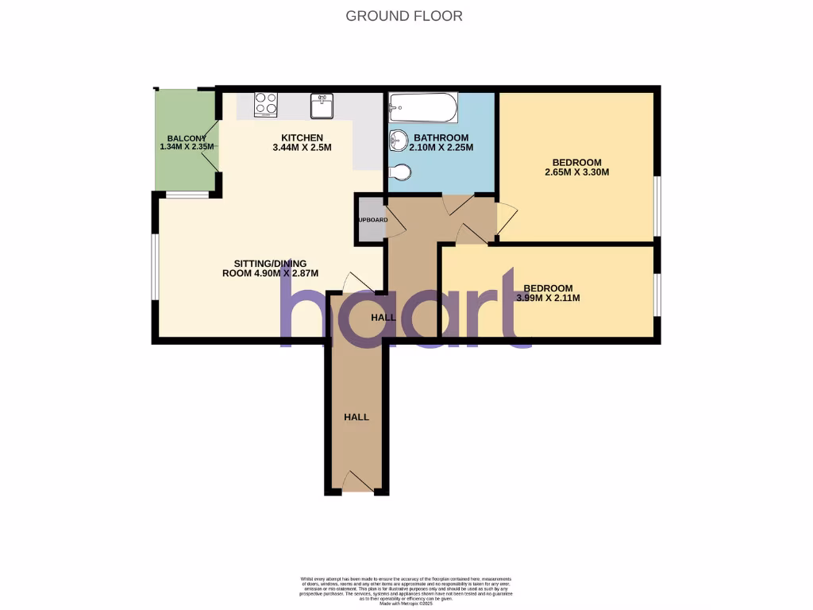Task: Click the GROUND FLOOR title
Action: point(404,16)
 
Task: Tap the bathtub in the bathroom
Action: point(423,107)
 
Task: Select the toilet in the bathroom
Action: point(401,172)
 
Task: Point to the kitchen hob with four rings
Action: point(266,104)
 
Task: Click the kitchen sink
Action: point(321,105)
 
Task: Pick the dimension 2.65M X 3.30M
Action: point(576,172)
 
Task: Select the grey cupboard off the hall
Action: point(371,220)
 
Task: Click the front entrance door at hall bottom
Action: point(357,481)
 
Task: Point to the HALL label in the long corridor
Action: point(356,417)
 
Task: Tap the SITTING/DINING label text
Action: point(270,264)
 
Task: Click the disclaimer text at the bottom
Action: point(406,590)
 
